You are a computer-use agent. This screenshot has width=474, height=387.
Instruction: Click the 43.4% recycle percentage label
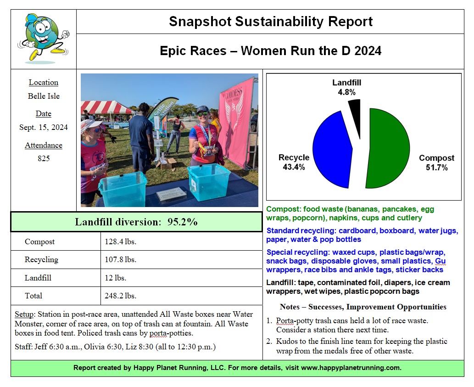pos(294,167)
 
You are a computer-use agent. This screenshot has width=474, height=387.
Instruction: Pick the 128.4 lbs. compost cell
pos(121,242)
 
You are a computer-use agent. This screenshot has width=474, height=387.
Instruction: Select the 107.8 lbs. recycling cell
pos(121,260)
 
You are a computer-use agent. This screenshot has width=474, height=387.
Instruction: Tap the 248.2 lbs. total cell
pos(121,296)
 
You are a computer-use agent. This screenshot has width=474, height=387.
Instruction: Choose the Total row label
pos(33,296)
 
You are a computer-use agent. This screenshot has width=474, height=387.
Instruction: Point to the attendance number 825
pos(44,159)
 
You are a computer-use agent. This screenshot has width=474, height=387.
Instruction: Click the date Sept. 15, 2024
pos(44,127)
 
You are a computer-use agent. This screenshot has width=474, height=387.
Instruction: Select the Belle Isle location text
pos(44,96)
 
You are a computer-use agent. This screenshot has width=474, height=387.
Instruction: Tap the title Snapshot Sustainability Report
pos(271,22)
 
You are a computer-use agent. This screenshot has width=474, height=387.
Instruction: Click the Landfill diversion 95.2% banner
pos(136,222)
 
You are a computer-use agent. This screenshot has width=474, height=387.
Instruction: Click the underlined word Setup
pos(24,314)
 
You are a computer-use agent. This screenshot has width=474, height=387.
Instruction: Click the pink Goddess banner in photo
pos(237,122)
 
